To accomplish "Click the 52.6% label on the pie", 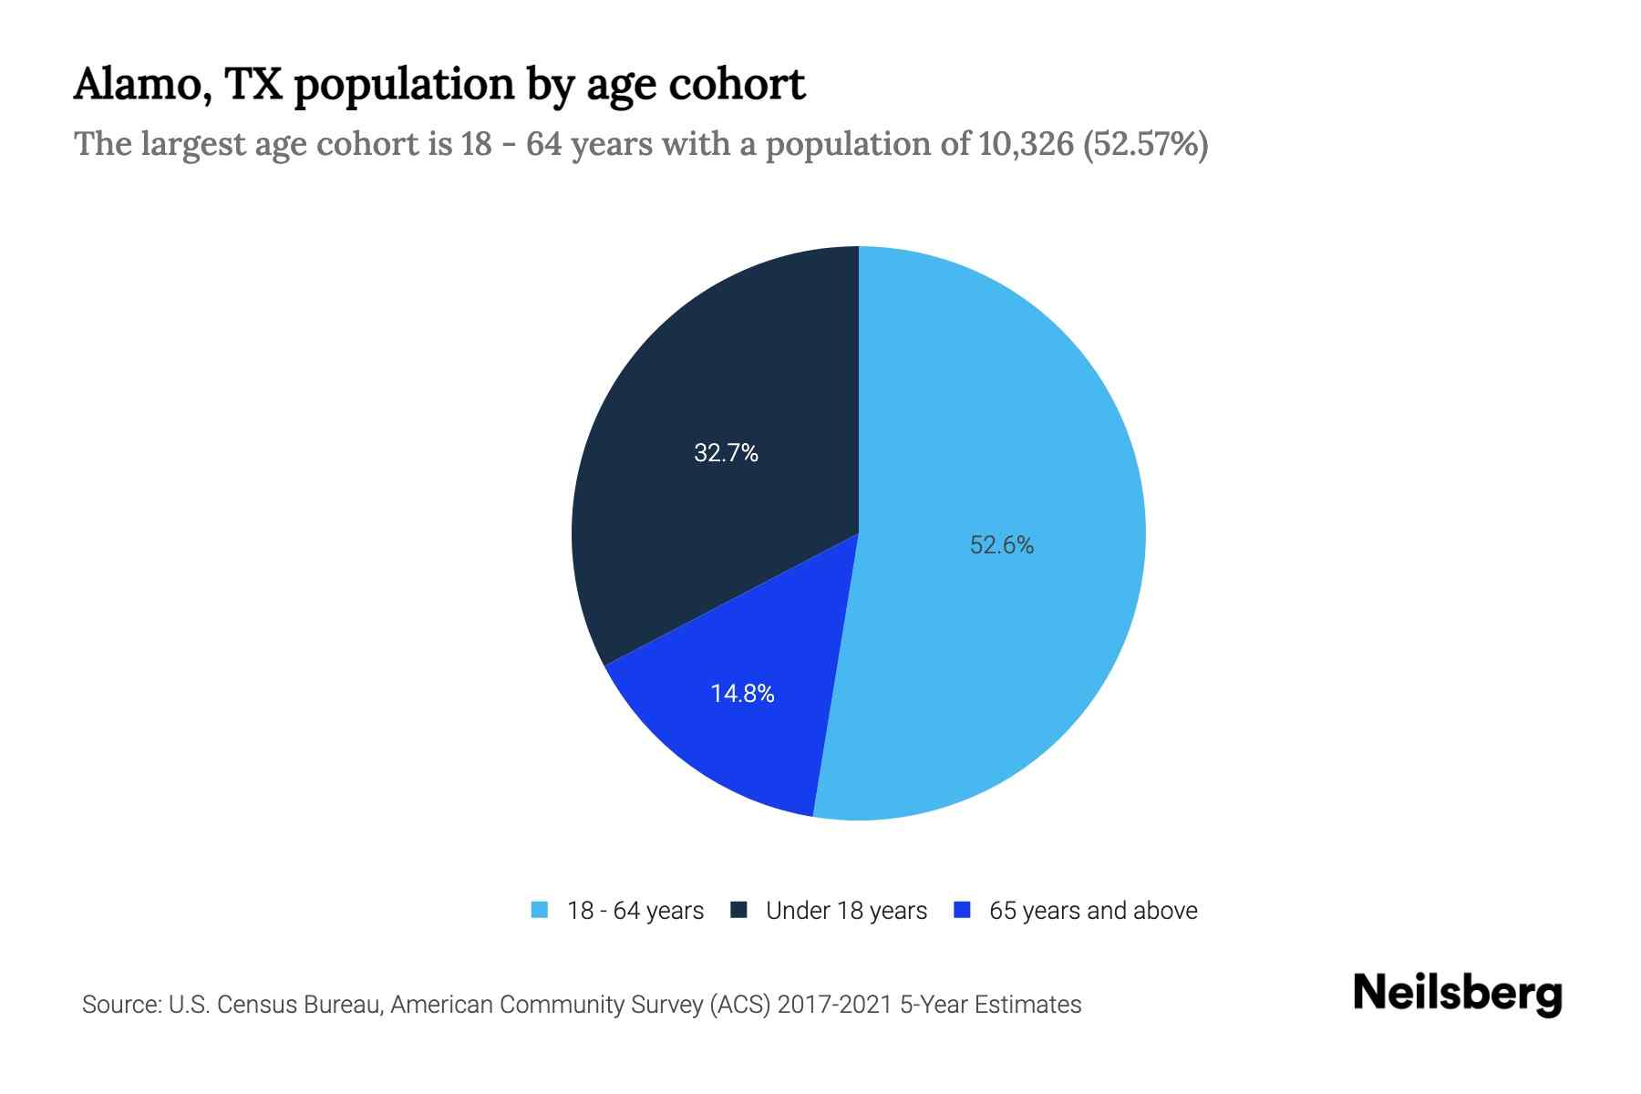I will pos(1001,545).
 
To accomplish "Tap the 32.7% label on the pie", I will pos(726,453).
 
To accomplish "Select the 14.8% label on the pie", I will pos(742,694).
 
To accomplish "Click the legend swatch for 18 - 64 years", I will pos(540,910).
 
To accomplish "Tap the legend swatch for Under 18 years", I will pos(738,910).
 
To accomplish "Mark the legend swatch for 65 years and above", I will pos(961,910).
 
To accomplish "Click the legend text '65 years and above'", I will pos(1092,911).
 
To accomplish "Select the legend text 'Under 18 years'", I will pos(846,911).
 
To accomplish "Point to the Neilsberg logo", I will pos(1457,994).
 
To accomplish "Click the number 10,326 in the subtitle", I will pos(1026,144).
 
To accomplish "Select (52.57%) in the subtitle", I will pos(1145,144).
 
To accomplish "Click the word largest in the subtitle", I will pos(193,144).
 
